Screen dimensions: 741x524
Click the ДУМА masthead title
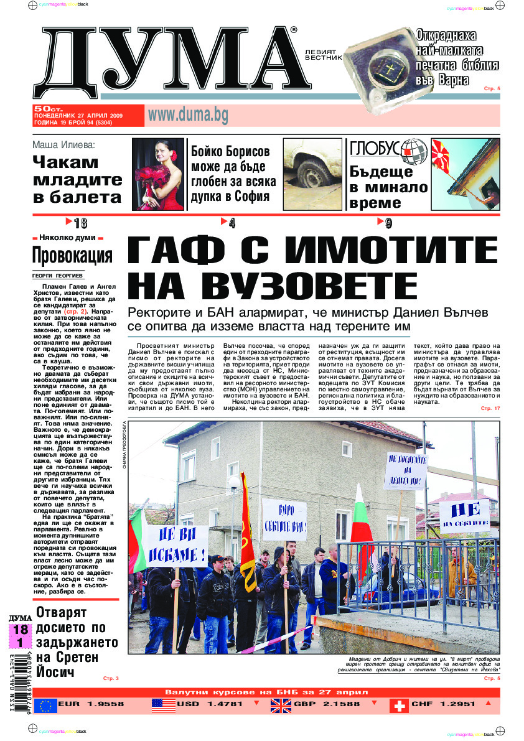(168, 62)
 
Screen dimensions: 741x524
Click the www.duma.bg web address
(187, 115)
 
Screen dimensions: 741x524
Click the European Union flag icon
(45, 706)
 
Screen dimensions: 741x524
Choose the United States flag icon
(162, 706)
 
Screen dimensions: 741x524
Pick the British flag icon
(281, 706)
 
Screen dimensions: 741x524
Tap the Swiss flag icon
(399, 706)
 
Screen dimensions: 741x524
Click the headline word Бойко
(210, 151)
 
